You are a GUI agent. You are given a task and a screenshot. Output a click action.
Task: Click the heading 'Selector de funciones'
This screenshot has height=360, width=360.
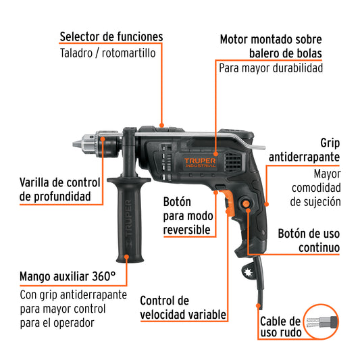pos(111,36)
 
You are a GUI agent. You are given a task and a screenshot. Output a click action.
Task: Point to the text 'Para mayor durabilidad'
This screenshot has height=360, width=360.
pos(270,68)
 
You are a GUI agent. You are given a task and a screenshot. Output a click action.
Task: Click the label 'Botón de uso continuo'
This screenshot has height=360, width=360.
pos(308,241)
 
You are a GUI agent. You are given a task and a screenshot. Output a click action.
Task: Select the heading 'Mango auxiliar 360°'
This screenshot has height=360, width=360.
pos(68,276)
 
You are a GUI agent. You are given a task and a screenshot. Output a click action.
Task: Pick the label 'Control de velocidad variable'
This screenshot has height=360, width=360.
pos(182,307)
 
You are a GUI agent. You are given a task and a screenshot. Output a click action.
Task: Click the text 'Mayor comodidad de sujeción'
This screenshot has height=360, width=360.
pos(315,187)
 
